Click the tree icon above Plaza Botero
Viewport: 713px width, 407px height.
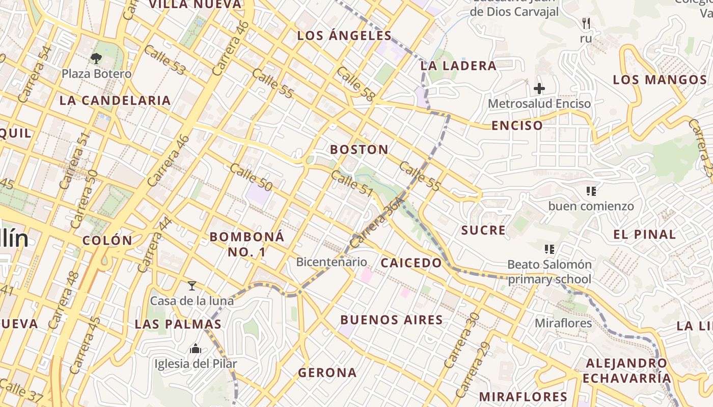tap(96, 58)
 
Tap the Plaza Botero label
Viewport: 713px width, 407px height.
tap(96, 74)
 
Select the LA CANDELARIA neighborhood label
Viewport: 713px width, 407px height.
tap(115, 100)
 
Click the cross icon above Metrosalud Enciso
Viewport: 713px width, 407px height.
tap(539, 89)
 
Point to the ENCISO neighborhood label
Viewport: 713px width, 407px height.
tap(516, 126)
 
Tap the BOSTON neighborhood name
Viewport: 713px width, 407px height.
tap(359, 150)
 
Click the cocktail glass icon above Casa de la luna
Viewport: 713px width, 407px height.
tap(192, 286)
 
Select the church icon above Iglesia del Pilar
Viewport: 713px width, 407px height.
tap(196, 349)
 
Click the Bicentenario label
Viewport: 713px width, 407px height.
tap(332, 262)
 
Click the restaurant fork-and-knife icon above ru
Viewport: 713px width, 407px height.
tap(586, 23)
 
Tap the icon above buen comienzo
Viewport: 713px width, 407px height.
tap(591, 191)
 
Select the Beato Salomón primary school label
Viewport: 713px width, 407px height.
tap(549, 272)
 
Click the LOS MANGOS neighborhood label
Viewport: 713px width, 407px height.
tap(660, 80)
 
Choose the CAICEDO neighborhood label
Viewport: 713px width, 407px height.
tap(412, 263)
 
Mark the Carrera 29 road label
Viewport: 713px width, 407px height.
tap(473, 370)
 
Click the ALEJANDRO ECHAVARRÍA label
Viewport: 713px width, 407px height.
tap(626, 371)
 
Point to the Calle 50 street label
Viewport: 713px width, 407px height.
tap(251, 177)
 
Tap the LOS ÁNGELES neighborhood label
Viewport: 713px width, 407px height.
tap(344, 36)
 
